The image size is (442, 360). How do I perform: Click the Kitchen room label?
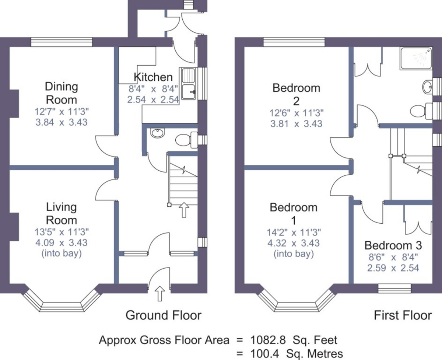pyautogui.click(x=153, y=77)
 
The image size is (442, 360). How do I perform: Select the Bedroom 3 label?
pyautogui.click(x=393, y=245)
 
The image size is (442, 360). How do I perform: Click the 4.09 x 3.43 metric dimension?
pyautogui.click(x=62, y=242)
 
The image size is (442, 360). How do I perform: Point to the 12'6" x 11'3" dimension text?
pyautogui.click(x=297, y=113)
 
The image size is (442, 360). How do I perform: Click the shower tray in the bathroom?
pyautogui.click(x=416, y=59)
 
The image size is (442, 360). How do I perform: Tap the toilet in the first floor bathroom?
pyautogui.click(x=421, y=111)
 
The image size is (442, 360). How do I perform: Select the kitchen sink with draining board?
pyautogui.click(x=189, y=84)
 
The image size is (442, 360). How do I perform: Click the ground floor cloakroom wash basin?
pyautogui.click(x=158, y=133)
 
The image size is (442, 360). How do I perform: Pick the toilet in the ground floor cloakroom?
pyautogui.click(x=186, y=140)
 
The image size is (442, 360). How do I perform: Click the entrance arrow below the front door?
pyautogui.click(x=159, y=294)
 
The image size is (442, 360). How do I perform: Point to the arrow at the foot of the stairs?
pyautogui.click(x=184, y=210)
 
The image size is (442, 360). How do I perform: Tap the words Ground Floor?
pyautogui.click(x=164, y=315)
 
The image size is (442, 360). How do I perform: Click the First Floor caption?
pyautogui.click(x=403, y=315)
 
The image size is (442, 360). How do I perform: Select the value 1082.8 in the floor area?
pyautogui.click(x=268, y=340)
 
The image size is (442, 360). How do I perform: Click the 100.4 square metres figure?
pyautogui.click(x=264, y=353)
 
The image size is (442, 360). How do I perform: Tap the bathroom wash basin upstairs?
pyautogui.click(x=427, y=87)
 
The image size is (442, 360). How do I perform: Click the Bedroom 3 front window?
pyautogui.click(x=394, y=289)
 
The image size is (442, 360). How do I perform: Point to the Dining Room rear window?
pyautogui.click(x=62, y=42)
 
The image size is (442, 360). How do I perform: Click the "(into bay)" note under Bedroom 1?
pyautogui.click(x=294, y=254)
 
